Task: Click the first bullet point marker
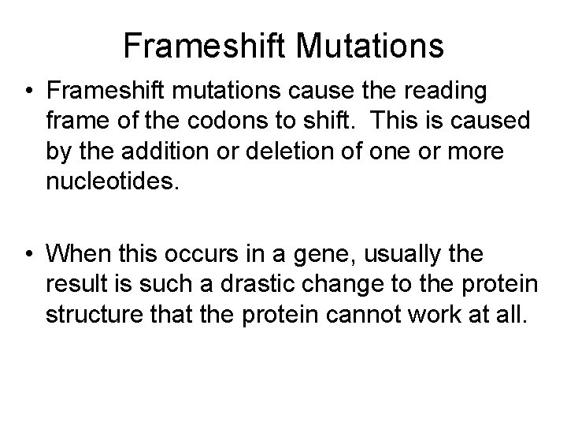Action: pos(28,92)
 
